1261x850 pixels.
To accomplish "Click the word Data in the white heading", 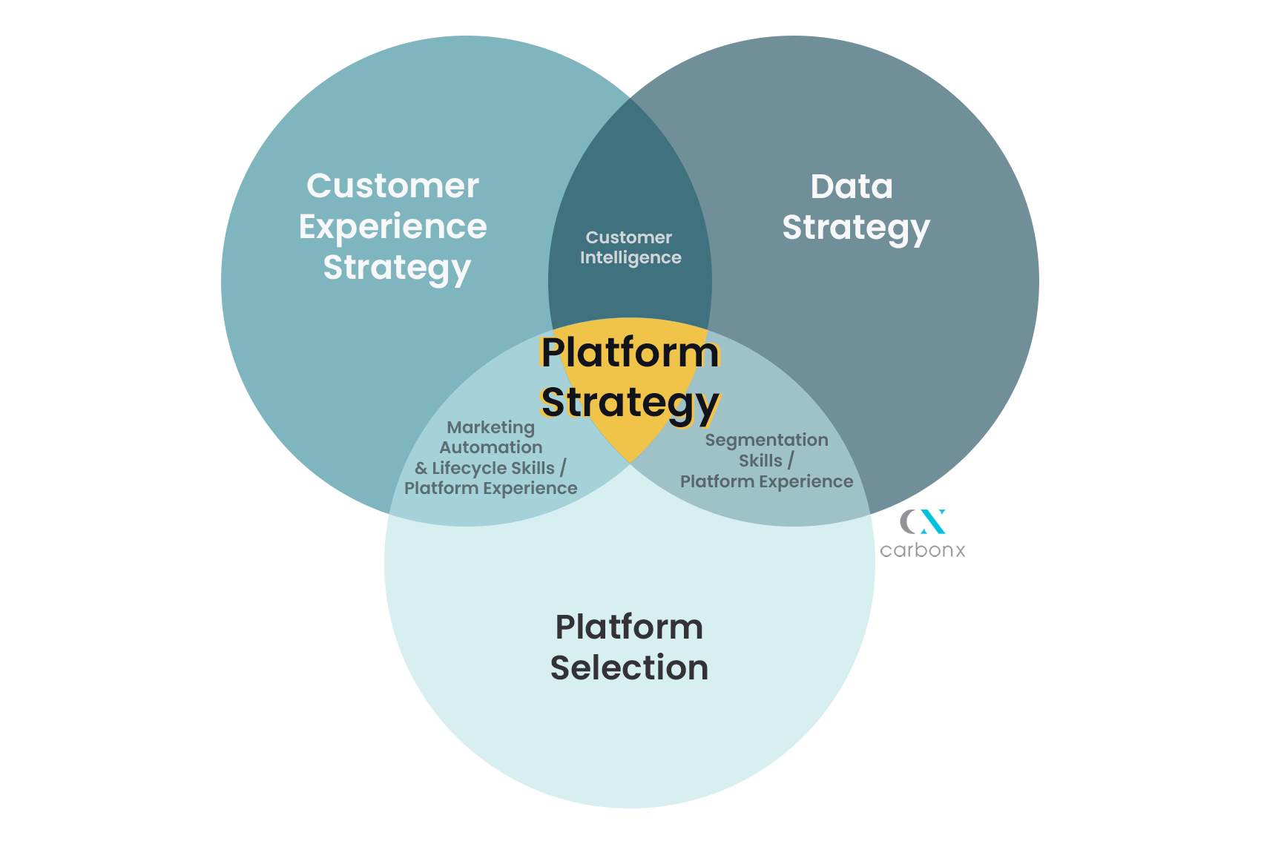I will [852, 187].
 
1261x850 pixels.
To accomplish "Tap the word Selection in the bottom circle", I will [629, 668].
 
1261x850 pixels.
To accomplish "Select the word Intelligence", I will [630, 258].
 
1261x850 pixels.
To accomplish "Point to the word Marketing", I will [490, 427].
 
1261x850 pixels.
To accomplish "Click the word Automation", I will [490, 447].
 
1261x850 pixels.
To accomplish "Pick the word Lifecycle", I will [470, 468].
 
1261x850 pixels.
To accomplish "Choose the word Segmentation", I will [766, 440].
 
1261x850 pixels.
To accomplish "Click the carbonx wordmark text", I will [922, 550].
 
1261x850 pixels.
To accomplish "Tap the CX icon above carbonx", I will [923, 521].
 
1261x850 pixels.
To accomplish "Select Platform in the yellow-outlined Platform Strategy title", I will [630, 352].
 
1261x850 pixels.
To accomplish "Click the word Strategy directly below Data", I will [855, 228].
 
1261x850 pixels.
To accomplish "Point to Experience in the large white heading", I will [392, 226].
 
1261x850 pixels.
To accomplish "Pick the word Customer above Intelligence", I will [628, 237].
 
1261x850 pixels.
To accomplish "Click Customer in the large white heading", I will [392, 185].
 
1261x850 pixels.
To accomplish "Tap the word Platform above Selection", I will [629, 627].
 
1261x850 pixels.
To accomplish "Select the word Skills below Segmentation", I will [760, 461].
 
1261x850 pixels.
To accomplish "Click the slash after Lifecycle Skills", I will [563, 468].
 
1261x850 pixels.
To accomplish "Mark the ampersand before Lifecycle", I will [421, 469].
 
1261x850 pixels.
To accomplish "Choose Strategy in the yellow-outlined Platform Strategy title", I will [630, 403].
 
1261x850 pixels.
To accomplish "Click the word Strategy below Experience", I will [397, 268].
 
